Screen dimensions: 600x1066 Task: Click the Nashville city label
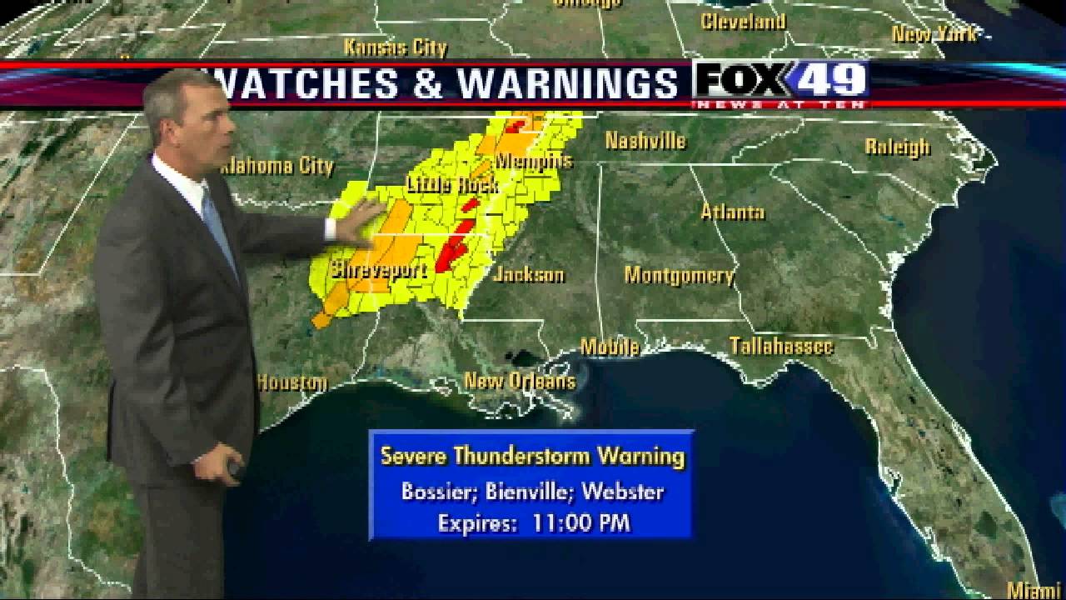pyautogui.click(x=645, y=141)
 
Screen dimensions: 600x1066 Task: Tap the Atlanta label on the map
pyautogui.click(x=732, y=212)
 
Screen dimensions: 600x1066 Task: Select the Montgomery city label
pyautogui.click(x=679, y=275)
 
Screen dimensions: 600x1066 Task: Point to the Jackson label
pyautogui.click(x=529, y=274)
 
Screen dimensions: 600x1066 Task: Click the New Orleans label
pyautogui.click(x=520, y=382)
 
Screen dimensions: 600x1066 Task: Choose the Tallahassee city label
pyautogui.click(x=781, y=346)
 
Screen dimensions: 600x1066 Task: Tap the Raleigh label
pyautogui.click(x=897, y=147)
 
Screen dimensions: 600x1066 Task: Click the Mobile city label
pyautogui.click(x=610, y=347)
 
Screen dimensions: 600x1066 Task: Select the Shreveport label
pyautogui.click(x=379, y=270)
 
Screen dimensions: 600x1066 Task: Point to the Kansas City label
pyautogui.click(x=396, y=47)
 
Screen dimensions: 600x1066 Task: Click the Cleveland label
pyautogui.click(x=743, y=22)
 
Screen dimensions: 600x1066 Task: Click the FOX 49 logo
pyautogui.click(x=781, y=82)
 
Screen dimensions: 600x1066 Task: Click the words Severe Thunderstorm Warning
pyautogui.click(x=532, y=456)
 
